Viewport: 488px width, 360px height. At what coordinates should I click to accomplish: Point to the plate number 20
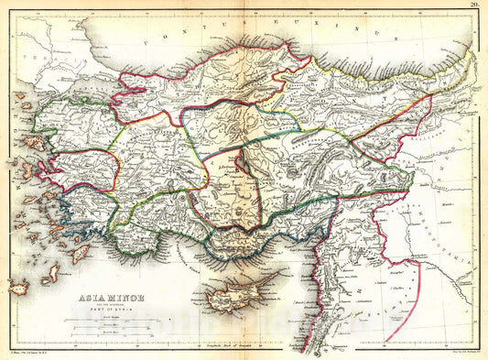point(474,5)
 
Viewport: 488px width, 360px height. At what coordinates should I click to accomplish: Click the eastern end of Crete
point(18,288)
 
